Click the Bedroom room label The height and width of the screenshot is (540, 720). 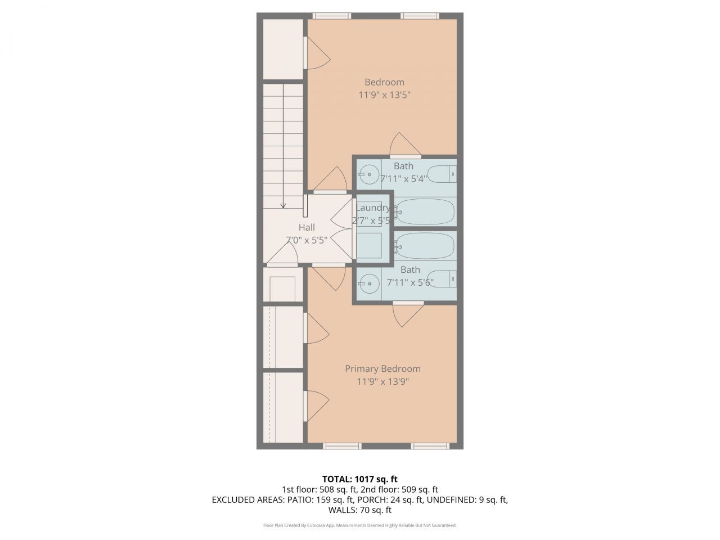[384, 82]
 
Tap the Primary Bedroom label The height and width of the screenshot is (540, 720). [382, 369]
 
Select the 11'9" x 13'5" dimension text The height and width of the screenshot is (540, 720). [384, 95]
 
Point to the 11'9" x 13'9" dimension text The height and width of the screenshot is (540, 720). [382, 382]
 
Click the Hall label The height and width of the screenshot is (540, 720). [307, 227]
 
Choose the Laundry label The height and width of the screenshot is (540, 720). [372, 208]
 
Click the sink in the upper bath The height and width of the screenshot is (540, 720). [368, 174]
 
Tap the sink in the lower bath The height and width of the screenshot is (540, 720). [368, 283]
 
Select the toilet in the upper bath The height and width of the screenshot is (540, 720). [442, 174]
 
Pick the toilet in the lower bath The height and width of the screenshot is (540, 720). [442, 279]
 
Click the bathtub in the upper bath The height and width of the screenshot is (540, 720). [425, 211]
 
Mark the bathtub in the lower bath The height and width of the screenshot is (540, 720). [425, 246]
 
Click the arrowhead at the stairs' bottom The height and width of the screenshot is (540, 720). [283, 206]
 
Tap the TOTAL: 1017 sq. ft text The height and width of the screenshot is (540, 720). [359, 479]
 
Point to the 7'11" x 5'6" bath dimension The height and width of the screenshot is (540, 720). [410, 282]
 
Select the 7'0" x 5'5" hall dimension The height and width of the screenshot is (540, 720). [307, 240]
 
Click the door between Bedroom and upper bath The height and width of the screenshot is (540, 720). [405, 146]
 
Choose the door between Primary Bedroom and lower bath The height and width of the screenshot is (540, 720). [408, 313]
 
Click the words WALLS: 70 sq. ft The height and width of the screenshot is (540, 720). [359, 510]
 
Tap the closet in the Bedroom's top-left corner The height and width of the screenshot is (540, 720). [283, 49]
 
